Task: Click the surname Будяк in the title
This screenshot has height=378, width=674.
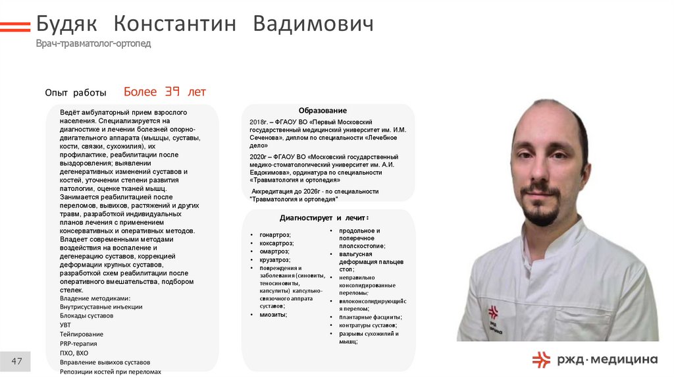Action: [x=66, y=24]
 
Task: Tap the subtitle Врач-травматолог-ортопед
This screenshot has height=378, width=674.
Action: [x=93, y=43]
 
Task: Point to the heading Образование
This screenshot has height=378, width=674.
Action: [x=323, y=111]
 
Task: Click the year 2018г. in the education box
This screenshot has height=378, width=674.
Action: [x=257, y=122]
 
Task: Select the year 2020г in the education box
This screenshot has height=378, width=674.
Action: [x=257, y=157]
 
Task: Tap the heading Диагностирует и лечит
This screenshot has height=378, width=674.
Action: [x=324, y=217]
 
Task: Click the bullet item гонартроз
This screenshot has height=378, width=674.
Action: [x=275, y=234]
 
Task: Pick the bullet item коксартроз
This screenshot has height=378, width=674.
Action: [x=276, y=243]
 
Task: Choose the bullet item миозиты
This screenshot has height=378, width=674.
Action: [x=273, y=315]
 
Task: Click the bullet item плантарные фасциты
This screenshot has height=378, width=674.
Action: [x=371, y=317]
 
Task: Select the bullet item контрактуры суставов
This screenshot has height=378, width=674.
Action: [x=367, y=325]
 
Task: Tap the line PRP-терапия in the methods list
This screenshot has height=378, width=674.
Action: [x=78, y=344]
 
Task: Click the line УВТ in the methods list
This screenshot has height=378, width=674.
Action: [x=65, y=325]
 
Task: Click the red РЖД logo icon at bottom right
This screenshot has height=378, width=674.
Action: [x=541, y=359]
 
